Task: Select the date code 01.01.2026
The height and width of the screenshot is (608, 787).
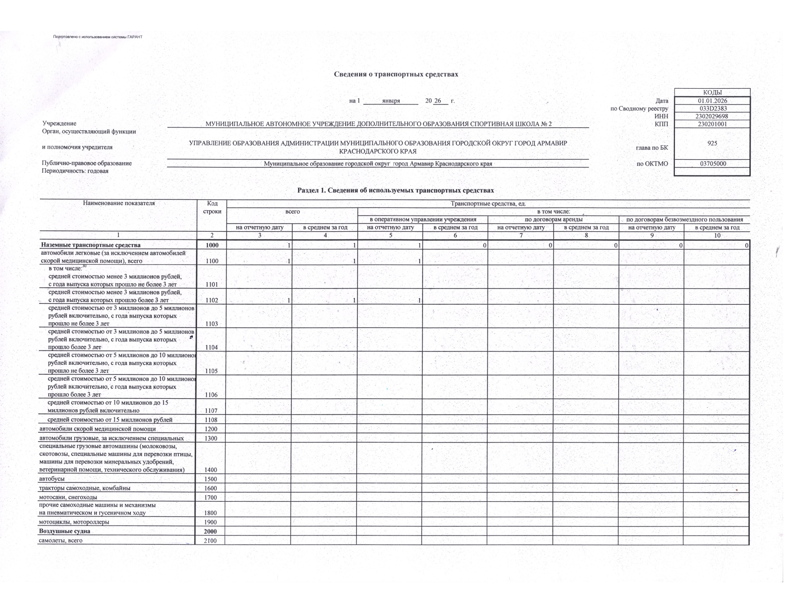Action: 713,101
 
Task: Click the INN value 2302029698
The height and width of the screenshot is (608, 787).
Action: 713,116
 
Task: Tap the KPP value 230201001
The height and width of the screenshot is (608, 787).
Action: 713,124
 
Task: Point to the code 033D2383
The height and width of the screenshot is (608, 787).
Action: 713,109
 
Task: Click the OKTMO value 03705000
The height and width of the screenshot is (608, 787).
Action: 713,164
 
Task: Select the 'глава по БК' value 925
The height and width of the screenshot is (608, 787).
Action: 713,143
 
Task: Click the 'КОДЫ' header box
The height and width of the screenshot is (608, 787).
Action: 713,93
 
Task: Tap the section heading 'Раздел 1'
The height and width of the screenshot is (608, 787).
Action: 395,190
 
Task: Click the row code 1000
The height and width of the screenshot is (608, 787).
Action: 210,245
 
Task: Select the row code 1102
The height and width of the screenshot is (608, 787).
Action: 210,300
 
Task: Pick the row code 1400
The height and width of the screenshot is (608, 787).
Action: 210,470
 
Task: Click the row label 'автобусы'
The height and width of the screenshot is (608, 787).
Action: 52,479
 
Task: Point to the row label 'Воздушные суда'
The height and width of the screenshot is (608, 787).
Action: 65,531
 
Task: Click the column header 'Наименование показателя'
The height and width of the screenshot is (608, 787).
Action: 119,203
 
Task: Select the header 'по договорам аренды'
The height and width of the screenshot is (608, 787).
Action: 553,219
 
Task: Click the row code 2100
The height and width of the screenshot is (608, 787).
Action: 210,541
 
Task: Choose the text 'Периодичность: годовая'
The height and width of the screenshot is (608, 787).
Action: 75,171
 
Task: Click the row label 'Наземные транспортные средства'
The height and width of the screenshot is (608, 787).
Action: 91,245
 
